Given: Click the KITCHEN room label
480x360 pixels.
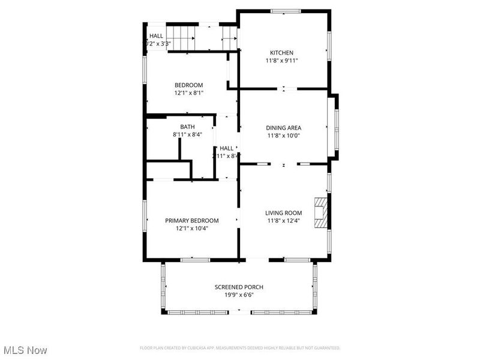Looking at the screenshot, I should pos(281,53).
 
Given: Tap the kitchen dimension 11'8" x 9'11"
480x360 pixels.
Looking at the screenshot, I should pos(281,61).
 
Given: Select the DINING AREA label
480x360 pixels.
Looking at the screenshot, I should pos(283,128).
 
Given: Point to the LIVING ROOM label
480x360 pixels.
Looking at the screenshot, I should pos(284,213).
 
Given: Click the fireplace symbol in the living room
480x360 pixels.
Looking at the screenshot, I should pos(323,213).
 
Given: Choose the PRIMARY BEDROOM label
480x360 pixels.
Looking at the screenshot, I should pos(192,221).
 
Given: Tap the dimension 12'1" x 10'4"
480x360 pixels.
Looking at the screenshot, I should pos(192,229).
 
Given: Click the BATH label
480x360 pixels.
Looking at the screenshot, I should pos(187,127).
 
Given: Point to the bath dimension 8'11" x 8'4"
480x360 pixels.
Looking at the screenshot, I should pos(187,134).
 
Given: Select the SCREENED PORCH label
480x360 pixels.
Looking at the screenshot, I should pos(239,287).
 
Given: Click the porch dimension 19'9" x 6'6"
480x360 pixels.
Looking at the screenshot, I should pos(239,295).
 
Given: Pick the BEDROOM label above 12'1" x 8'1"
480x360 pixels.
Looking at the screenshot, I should pos(188,85).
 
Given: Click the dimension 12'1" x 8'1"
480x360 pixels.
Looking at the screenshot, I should pos(188,93).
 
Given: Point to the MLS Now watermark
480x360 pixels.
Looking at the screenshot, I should pos(25,350).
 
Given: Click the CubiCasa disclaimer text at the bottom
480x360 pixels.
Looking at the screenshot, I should pos(240,348).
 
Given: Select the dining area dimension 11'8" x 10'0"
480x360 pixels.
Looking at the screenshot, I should pos(283,136).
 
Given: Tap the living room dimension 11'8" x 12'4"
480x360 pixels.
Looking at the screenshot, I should pos(284,221).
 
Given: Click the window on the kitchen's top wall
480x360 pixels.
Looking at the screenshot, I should pos(285,11).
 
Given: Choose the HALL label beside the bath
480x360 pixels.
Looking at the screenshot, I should pos(226,148).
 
